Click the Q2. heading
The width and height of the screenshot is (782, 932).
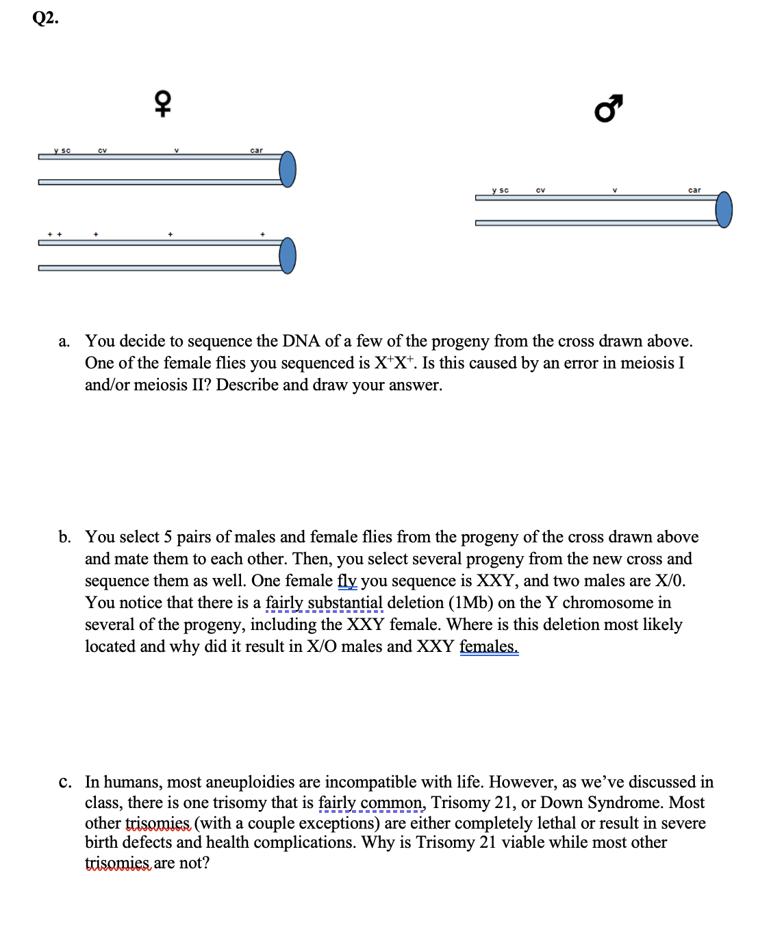45,18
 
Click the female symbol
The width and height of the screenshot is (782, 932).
162,103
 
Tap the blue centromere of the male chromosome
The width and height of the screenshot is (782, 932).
724,210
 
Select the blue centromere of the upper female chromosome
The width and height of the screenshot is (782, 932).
288,169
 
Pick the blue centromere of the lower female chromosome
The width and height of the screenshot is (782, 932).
288,255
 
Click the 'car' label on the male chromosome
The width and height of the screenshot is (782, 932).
694,190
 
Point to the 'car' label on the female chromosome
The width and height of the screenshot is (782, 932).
256,151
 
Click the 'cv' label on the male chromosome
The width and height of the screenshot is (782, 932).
540,190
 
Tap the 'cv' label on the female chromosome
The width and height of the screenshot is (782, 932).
102,151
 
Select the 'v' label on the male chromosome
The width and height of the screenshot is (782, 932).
615,190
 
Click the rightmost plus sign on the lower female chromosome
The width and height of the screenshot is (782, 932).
262,235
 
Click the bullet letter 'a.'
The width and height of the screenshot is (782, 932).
64,342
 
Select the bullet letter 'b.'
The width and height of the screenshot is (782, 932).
64,538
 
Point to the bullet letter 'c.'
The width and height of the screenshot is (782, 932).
64,783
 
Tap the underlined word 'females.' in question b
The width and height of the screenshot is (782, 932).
489,646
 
